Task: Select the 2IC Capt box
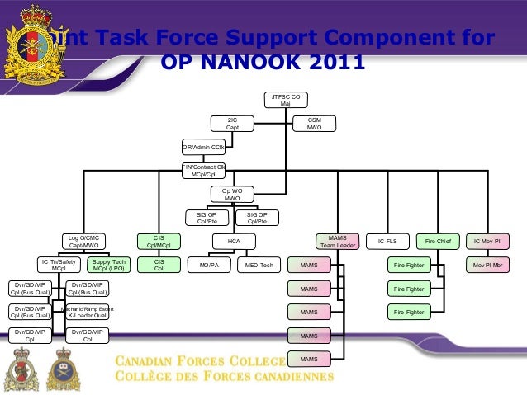[233, 124]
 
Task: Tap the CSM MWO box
[315, 124]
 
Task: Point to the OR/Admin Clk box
[203, 148]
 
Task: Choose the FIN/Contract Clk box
[203, 171]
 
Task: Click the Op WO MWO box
[232, 195]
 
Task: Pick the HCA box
[232, 241]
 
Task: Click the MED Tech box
[259, 266]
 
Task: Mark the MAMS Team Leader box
[332, 241]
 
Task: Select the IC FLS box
[387, 241]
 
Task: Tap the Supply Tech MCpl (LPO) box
[108, 266]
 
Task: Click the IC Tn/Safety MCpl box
[59, 266]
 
